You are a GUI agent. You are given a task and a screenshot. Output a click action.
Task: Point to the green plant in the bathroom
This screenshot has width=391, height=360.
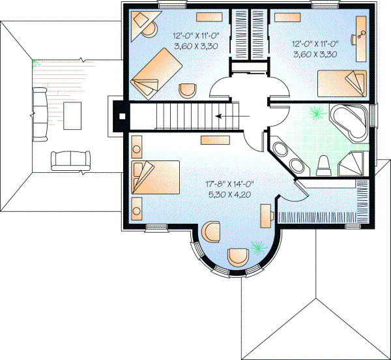(317, 113)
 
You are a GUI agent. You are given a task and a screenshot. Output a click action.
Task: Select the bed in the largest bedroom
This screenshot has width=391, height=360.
(156, 177)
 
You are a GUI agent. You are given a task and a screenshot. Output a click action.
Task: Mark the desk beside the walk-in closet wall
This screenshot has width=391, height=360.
(266, 215)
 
